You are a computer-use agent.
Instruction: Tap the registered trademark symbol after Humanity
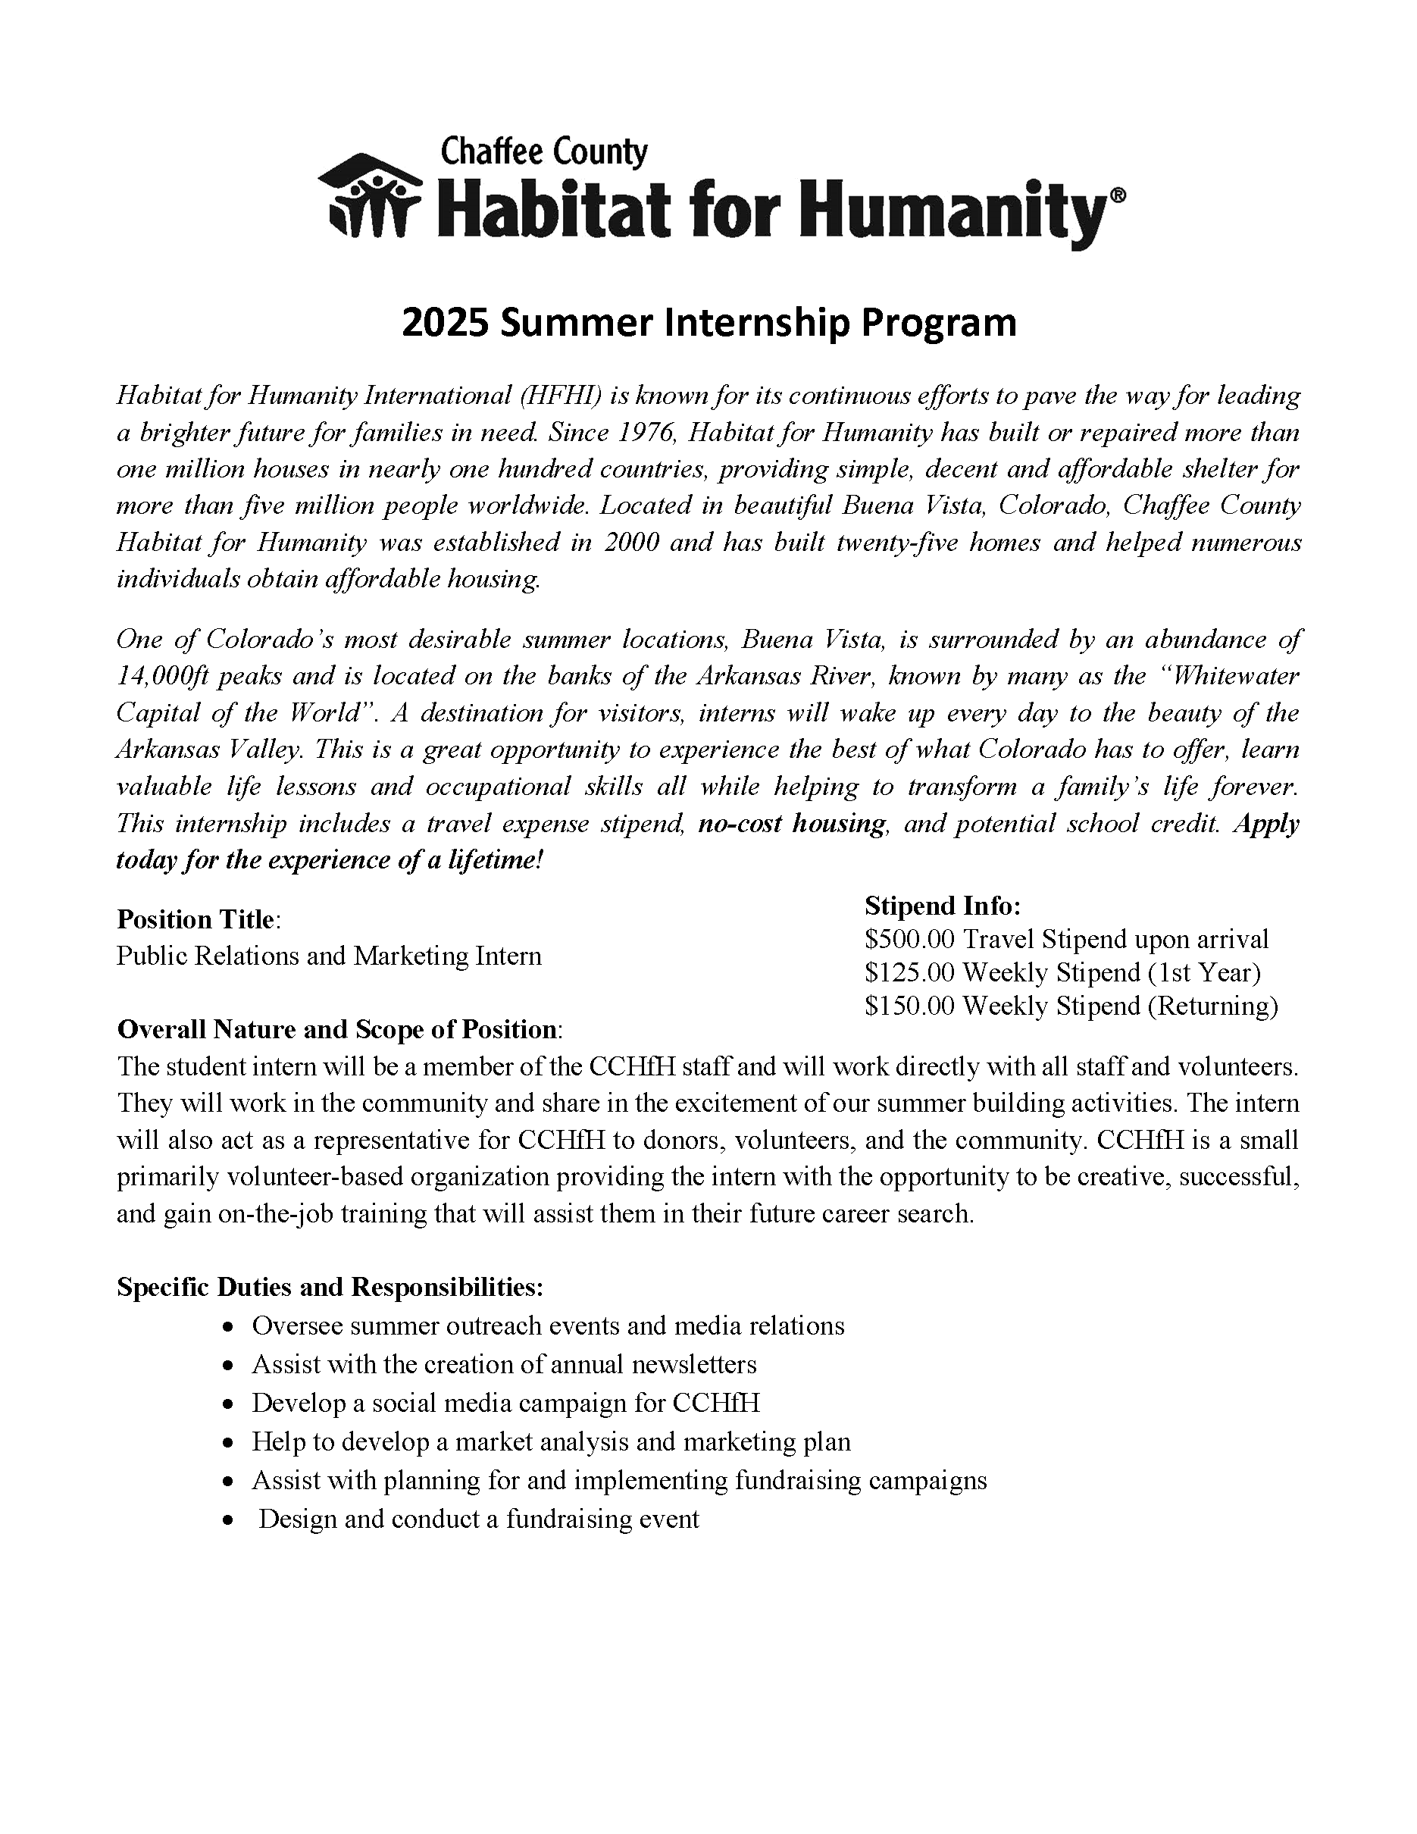1118,195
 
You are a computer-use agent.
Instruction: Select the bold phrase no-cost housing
792,824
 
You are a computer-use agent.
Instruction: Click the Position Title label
196,919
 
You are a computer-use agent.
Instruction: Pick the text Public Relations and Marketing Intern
329,956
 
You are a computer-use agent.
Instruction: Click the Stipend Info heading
942,906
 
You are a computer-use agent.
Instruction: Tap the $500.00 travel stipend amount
909,939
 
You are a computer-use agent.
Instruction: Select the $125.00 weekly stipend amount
909,972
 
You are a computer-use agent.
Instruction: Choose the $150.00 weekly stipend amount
909,1006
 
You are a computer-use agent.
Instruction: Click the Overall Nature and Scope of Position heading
337,1029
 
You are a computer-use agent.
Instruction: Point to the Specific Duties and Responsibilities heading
330,1288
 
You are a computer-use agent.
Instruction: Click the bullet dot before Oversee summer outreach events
228,1328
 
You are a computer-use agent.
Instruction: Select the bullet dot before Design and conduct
228,1521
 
